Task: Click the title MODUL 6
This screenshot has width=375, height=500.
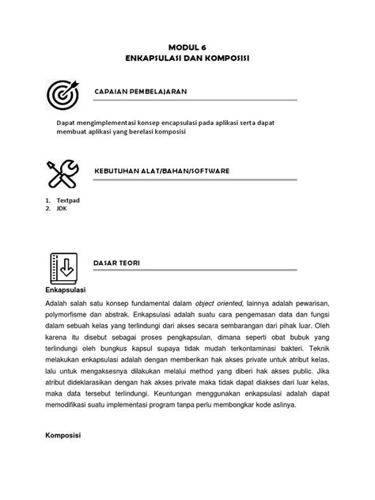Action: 187,47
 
